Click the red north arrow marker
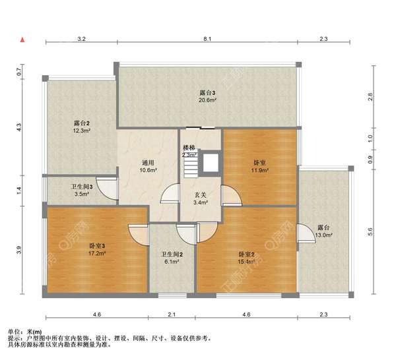coord(22,40)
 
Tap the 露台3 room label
coord(207,93)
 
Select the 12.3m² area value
coord(82,131)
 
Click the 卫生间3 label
coord(82,187)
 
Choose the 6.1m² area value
coord(172,262)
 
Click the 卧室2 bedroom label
coord(246,255)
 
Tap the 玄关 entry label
coord(201,195)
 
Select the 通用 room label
coord(148,163)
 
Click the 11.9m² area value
coord(259,170)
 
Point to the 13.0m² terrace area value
coord(323,235)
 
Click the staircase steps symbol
coord(191,164)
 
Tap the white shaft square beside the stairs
coord(211,163)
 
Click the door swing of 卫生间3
coord(106,188)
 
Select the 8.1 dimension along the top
coord(207,39)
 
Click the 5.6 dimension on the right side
coord(370,232)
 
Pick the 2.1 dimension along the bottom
coord(172,315)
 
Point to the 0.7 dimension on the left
coord(19,72)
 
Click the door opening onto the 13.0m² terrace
coord(306,233)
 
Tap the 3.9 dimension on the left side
coord(19,250)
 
